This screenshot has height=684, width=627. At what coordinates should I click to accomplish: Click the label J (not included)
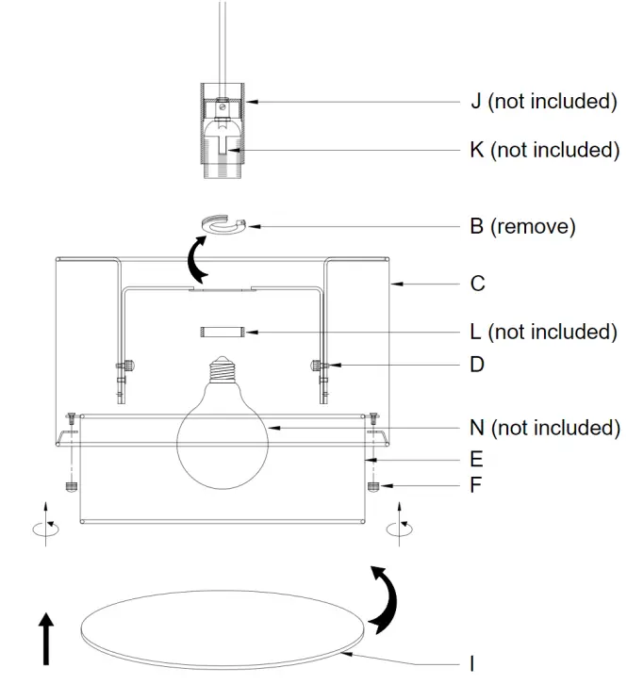point(543,101)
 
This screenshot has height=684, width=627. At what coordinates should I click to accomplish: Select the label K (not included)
point(544,150)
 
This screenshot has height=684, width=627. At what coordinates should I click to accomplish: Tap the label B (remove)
point(521,226)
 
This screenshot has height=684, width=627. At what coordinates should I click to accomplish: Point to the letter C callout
point(477,283)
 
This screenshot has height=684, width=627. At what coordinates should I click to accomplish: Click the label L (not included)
point(543,332)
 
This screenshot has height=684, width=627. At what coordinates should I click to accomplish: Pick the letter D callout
point(477,364)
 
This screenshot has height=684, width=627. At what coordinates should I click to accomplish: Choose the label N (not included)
point(544,428)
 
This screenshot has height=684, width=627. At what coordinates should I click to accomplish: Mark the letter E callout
point(476,460)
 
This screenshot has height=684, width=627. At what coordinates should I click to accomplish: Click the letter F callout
point(476,488)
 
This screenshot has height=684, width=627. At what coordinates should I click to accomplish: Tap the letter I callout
point(472,663)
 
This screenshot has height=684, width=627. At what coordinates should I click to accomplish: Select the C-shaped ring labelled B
point(223,225)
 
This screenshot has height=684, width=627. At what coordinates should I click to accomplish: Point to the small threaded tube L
point(223,333)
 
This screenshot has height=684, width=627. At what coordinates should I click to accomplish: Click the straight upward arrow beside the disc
point(46,638)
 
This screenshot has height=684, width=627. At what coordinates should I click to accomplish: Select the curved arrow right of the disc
point(384,599)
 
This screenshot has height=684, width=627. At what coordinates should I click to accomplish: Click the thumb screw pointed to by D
point(317,366)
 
